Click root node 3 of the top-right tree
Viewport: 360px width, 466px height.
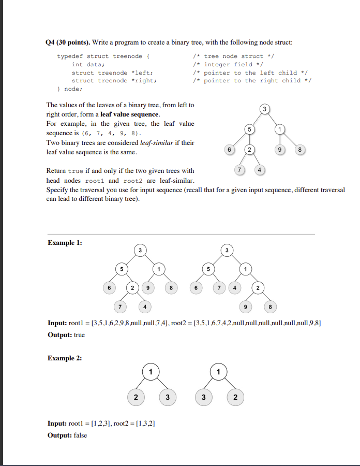(264, 109)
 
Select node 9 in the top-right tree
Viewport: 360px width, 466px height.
(280, 150)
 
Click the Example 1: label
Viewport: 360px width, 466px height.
(65, 242)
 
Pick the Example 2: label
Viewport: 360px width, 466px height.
(65, 358)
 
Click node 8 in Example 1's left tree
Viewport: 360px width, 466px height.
(171, 287)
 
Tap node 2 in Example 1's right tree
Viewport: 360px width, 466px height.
(259, 287)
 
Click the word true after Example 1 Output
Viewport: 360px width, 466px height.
(79, 335)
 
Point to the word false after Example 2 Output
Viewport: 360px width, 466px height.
(80, 435)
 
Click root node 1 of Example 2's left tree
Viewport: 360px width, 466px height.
(150, 372)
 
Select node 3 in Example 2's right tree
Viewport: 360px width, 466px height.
(204, 398)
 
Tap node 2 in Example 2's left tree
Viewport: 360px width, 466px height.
(136, 398)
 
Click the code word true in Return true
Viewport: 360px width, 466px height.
(76, 170)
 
